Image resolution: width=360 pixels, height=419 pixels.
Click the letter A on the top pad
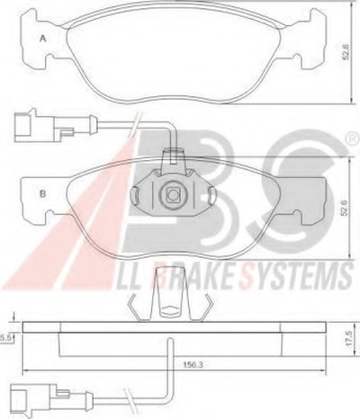pyautogui.click(x=43, y=39)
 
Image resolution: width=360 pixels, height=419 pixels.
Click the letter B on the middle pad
pyautogui.click(x=43, y=194)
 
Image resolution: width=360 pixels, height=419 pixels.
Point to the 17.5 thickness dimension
pyautogui.click(x=348, y=337)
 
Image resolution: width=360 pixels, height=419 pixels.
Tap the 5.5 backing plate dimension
pyautogui.click(x=5, y=338)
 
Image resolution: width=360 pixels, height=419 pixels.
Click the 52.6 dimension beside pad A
pyautogui.click(x=346, y=52)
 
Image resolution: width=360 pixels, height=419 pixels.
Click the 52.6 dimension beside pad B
pyautogui.click(x=345, y=208)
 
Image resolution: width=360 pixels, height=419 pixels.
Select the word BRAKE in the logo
pyautogui.click(x=198, y=277)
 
